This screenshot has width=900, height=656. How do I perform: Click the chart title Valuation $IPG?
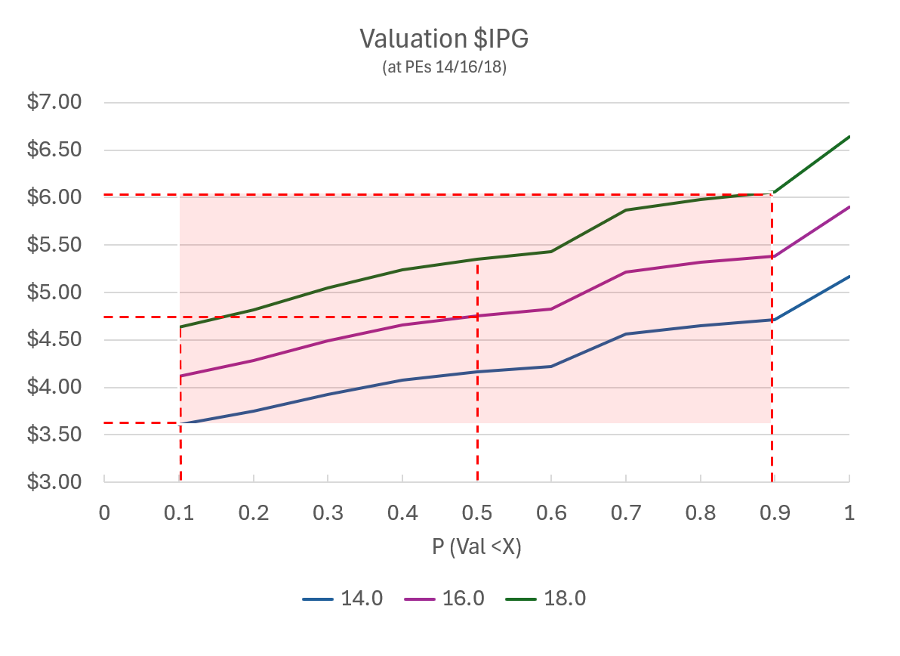click(443, 39)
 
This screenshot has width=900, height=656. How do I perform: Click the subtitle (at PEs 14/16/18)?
click(444, 67)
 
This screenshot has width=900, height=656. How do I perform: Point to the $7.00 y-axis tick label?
click(54, 102)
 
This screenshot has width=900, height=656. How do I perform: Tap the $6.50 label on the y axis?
click(54, 150)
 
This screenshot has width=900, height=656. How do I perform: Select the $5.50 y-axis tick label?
click(54, 245)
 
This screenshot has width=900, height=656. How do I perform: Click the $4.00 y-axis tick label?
click(54, 387)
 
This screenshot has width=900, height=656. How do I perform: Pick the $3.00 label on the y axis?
click(54, 481)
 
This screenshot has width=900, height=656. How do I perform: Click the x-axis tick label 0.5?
click(477, 512)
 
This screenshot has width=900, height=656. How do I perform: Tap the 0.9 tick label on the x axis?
click(775, 512)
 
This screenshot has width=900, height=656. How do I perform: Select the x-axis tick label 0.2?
click(254, 512)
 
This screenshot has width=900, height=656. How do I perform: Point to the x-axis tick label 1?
click(849, 512)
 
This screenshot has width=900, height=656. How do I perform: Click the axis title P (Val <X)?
click(476, 547)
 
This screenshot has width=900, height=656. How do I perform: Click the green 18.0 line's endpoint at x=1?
click(849, 137)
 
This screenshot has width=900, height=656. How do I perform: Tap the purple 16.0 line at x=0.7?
click(626, 272)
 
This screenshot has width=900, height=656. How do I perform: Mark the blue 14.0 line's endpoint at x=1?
click(849, 277)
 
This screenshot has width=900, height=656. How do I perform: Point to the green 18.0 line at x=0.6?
click(551, 252)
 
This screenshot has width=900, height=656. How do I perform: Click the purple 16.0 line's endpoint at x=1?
click(849, 207)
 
